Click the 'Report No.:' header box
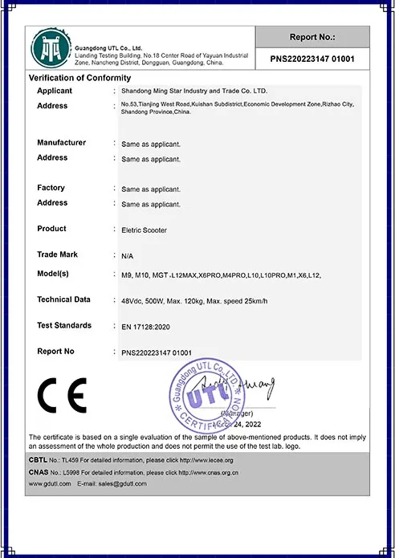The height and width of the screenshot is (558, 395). pos(313,37)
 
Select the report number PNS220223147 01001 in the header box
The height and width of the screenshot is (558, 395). pos(313,60)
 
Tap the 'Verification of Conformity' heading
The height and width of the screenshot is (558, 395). pos(79,78)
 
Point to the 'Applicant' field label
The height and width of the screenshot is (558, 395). pos(55,92)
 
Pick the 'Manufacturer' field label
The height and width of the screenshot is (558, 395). pos(61,143)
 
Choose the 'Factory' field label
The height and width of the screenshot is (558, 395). pos(51,188)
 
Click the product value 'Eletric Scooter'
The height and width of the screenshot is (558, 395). pos(145,230)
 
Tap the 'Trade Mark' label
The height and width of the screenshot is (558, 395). pos(58,255)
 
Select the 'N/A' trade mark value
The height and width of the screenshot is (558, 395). pos(127,255)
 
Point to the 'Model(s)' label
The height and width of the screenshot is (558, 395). pos(56,275)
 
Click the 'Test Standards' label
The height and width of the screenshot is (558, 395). pos(64,325)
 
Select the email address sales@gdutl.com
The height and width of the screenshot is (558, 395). pos(123,484)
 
